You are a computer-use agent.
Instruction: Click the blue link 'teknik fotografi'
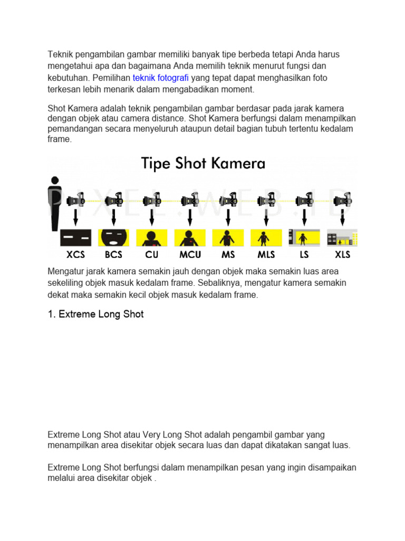point(160,78)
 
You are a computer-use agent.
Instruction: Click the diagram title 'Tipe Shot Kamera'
point(202,163)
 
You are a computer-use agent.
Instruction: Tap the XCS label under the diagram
point(76,254)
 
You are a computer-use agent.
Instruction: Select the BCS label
point(113,254)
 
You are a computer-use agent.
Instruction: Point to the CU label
point(152,254)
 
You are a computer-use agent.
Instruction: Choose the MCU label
point(190,254)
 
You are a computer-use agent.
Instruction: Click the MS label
point(228,254)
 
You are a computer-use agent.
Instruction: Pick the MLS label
point(266,254)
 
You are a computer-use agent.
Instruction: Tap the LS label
point(304,254)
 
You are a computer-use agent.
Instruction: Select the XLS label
point(342,254)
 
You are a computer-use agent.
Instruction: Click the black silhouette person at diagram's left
point(54,203)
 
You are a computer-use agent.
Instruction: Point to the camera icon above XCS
point(75,200)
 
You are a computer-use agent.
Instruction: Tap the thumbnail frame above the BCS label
point(113,238)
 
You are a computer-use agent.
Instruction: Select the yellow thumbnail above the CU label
point(152,238)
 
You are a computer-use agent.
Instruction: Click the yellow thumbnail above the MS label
point(228,238)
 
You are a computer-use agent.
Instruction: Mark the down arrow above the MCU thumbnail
point(190,217)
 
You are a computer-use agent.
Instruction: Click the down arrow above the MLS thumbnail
point(266,217)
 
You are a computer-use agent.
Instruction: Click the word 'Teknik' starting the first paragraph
point(60,54)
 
